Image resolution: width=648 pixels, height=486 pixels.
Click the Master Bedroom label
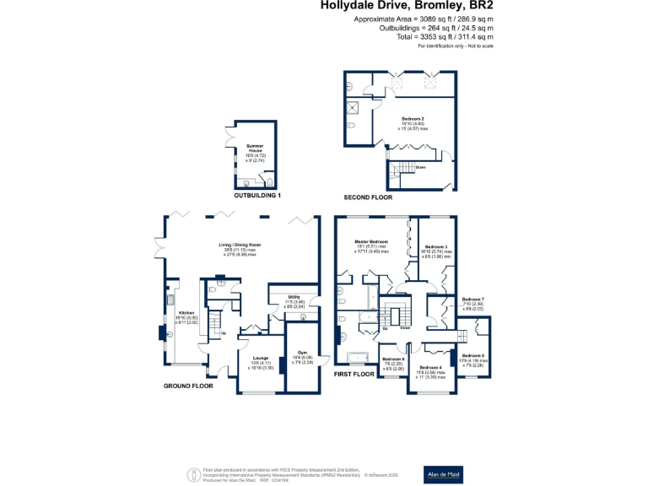coord(372,241)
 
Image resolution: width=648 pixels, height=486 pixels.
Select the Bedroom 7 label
coord(473,300)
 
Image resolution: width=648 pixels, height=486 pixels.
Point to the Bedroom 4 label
coord(430,367)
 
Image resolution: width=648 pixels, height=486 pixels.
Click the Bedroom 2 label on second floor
coord(413,118)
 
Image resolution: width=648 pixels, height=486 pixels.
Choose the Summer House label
coord(255,147)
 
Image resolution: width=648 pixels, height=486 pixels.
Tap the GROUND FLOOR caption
coord(189,386)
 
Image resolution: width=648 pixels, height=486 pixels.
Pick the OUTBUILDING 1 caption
coord(257,196)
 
